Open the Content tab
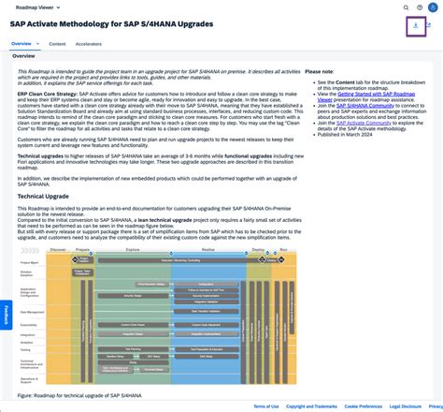point(57,43)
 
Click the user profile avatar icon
point(432,6)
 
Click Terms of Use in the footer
point(266,406)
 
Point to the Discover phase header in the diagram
point(58,251)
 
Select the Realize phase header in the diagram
point(207,251)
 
